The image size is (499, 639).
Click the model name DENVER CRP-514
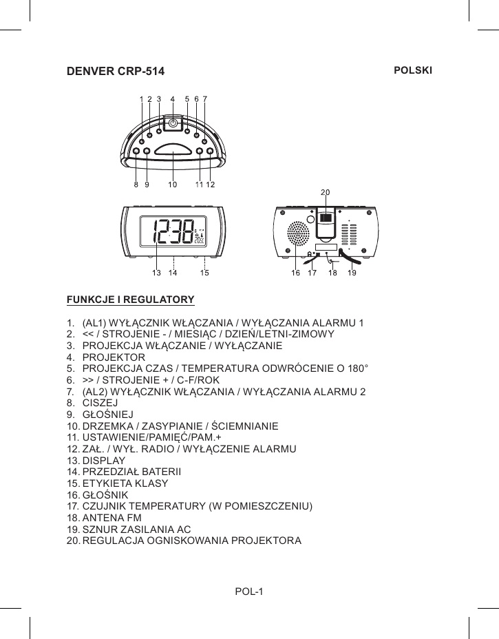click(x=115, y=72)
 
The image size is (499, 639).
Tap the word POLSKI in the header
click(x=412, y=71)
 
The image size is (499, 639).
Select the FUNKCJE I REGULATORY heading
click(x=130, y=300)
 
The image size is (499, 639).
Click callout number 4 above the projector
click(x=172, y=98)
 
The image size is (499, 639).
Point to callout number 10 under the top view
click(x=173, y=185)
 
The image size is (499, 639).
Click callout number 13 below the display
click(x=156, y=273)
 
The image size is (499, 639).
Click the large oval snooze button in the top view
click(x=173, y=150)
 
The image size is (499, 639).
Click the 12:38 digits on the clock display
click(x=173, y=232)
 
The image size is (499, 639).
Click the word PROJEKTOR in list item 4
click(x=114, y=357)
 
